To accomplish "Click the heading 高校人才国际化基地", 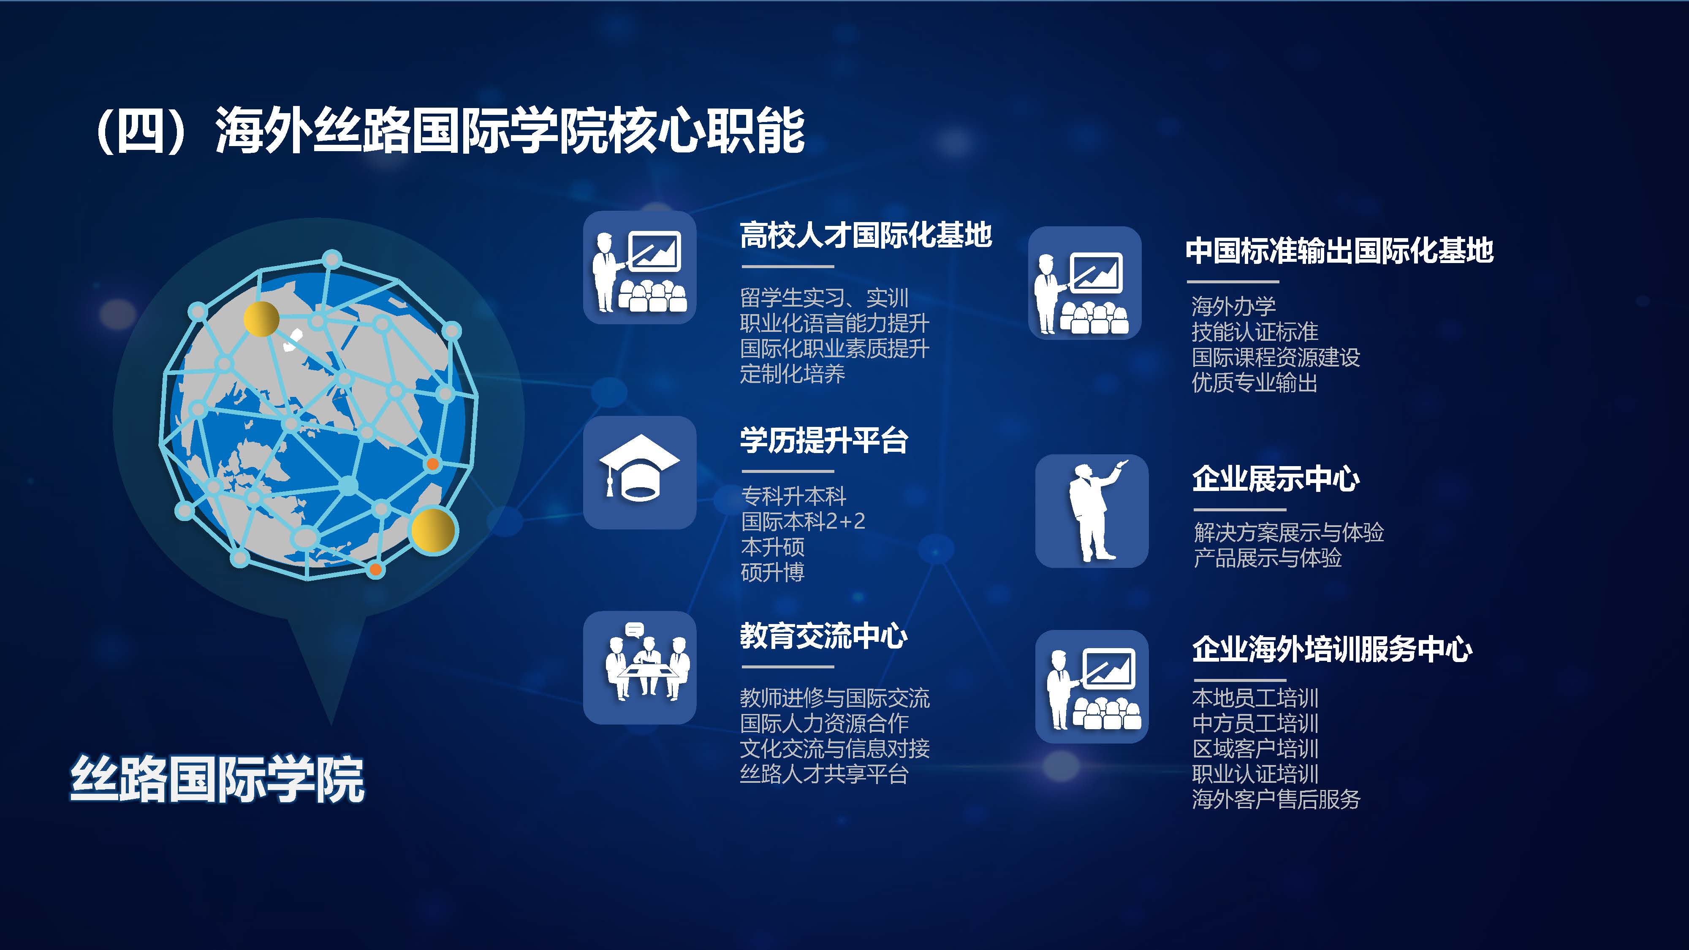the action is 866,235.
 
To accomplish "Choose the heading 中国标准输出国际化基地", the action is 1339,250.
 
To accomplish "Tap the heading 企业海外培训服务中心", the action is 1332,649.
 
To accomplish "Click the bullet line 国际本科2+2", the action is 803,521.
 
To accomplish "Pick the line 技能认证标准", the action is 1255,332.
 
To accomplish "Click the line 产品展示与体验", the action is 1268,558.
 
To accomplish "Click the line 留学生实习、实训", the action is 824,299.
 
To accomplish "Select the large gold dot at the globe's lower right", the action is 433,530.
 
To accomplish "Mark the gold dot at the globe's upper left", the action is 261,319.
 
